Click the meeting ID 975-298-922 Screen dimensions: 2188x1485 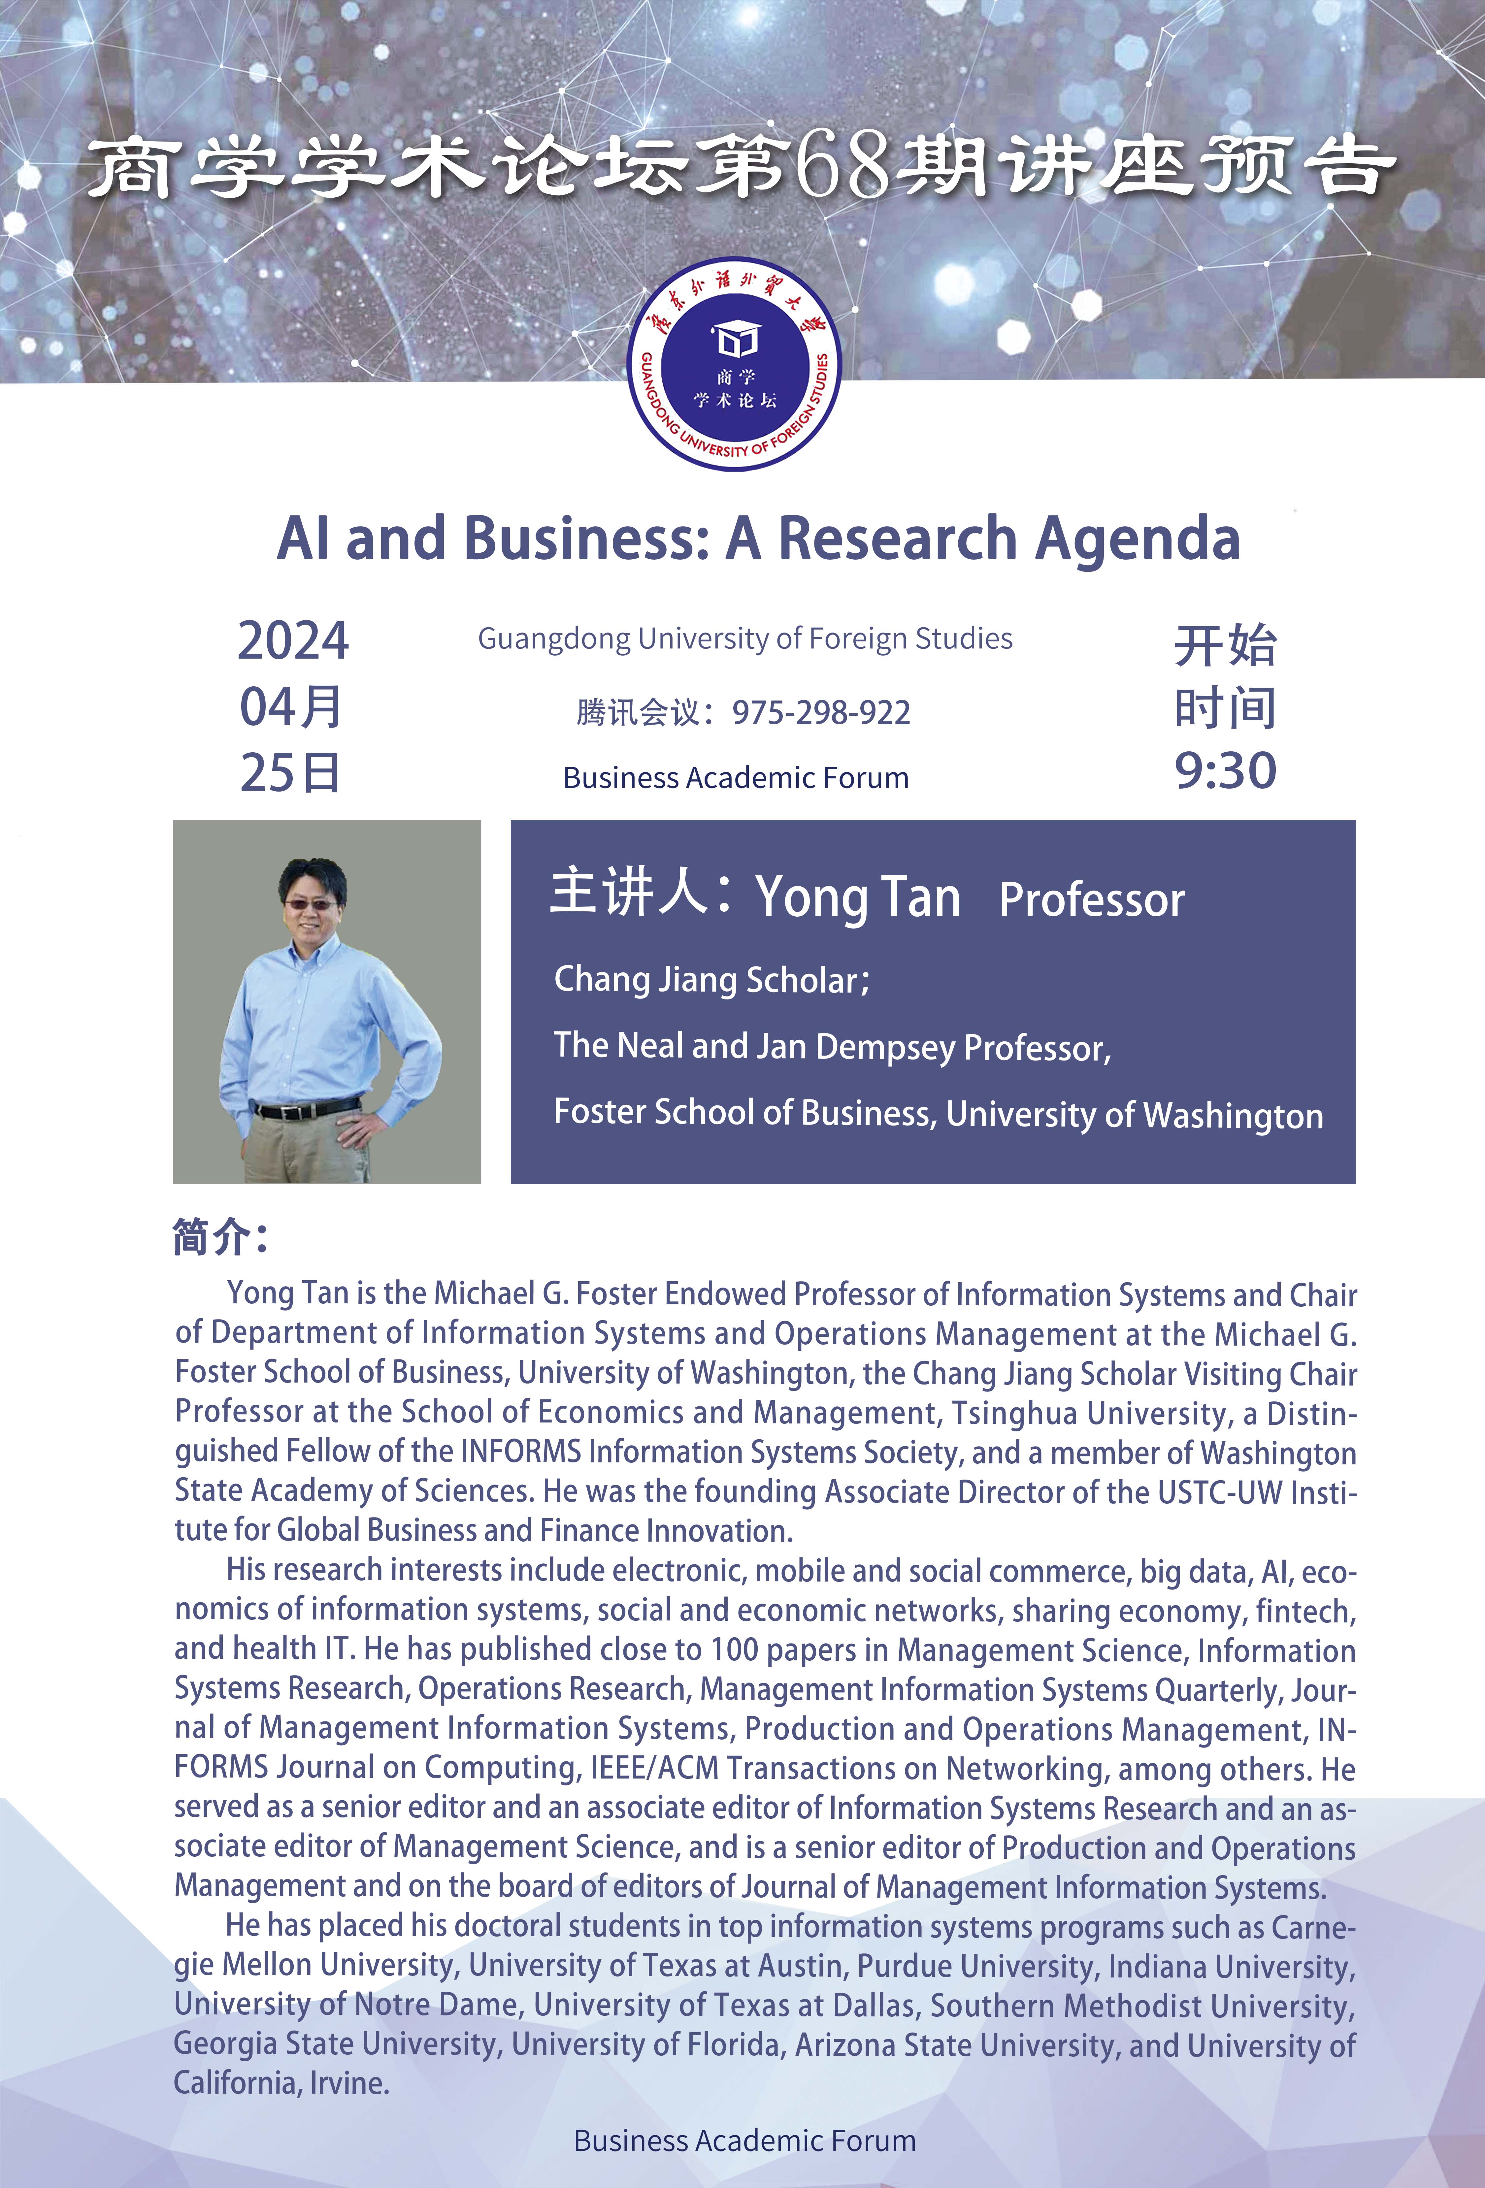point(821,713)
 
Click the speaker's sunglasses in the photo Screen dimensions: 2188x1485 point(312,904)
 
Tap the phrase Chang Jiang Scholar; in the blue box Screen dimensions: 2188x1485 point(712,980)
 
